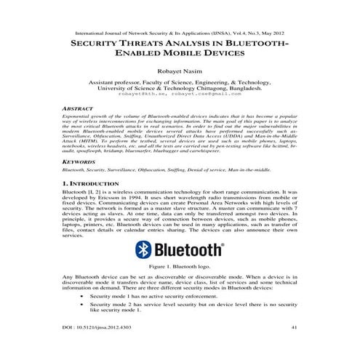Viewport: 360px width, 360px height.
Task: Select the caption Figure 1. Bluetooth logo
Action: click(180, 268)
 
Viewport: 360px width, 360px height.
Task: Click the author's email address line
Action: click(180, 94)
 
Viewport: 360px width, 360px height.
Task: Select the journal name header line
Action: click(180, 33)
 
